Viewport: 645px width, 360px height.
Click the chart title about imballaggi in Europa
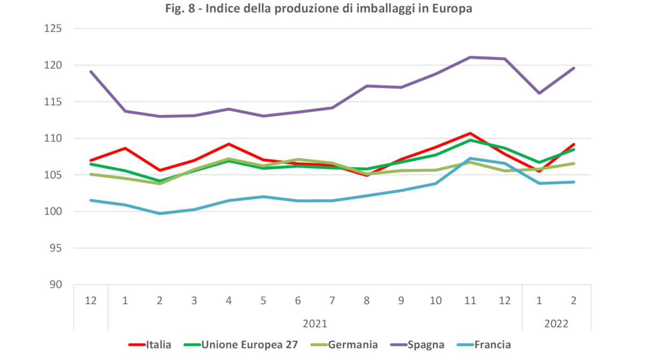point(322,9)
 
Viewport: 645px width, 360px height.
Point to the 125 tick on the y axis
point(55,28)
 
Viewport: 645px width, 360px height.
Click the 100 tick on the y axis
point(55,211)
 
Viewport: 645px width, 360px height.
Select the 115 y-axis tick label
point(55,102)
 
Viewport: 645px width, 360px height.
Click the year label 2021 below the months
point(314,323)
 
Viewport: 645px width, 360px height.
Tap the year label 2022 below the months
point(556,323)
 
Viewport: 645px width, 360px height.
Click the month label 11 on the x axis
point(470,300)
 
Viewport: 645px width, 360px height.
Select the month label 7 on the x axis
point(332,300)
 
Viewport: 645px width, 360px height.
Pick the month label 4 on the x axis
point(228,300)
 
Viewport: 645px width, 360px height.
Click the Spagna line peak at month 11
point(470,57)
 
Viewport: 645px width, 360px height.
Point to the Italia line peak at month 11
point(470,133)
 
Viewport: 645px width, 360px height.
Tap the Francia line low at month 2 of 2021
point(160,213)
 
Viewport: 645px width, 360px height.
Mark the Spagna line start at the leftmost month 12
point(91,71)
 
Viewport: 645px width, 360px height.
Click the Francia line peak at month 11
point(470,159)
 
